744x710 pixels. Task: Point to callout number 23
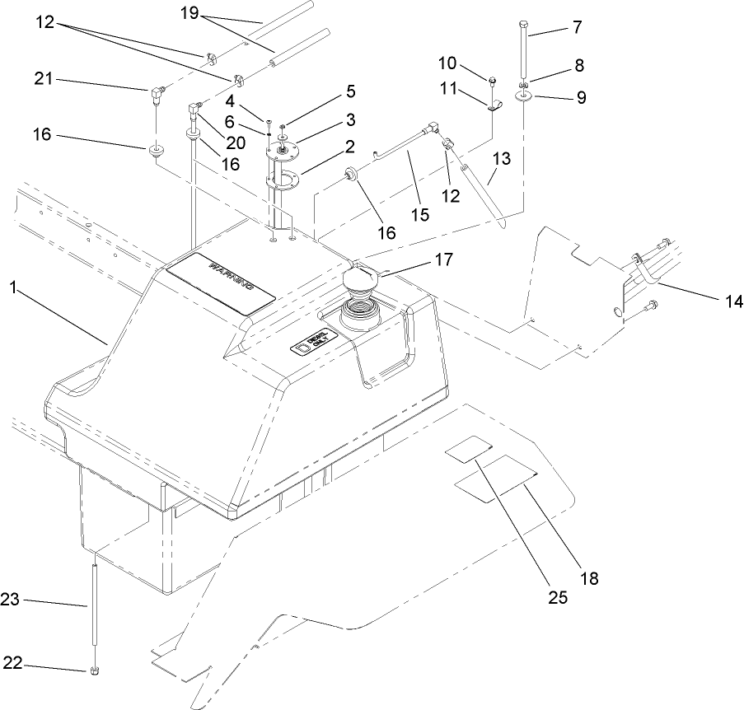pyautogui.click(x=10, y=603)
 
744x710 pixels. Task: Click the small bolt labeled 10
pyautogui.click(x=492, y=81)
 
